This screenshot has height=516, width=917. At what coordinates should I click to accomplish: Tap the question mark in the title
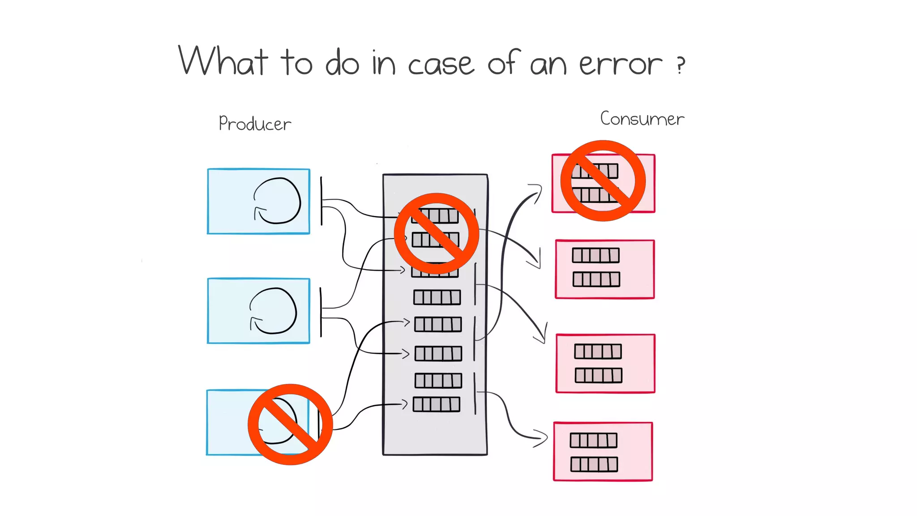point(681,65)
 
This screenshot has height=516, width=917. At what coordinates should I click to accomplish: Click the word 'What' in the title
point(223,61)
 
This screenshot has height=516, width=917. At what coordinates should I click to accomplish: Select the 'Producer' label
point(255,124)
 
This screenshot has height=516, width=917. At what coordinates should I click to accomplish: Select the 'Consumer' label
point(642,119)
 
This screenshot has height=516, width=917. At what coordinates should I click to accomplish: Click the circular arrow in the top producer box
point(277,201)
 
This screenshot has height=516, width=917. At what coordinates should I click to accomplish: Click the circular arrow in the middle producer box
point(273,311)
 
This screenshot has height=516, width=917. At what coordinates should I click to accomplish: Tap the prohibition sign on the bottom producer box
point(290,424)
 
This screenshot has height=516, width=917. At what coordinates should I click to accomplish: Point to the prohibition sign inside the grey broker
point(436,233)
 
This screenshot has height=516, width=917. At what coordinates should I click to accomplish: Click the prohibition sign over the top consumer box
point(603,181)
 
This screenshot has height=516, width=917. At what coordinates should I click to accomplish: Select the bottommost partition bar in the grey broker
point(436,404)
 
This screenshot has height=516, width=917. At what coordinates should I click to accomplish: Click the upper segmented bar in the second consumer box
point(596,255)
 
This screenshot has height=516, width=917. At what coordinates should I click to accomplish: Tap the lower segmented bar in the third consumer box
point(598,375)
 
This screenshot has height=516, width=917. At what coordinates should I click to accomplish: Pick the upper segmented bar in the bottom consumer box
point(593,440)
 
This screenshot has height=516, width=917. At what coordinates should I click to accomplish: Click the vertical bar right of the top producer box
point(321,201)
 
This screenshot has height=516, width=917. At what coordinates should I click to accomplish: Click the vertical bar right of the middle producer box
point(321,312)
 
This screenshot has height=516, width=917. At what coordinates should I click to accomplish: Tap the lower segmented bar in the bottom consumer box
point(594,464)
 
